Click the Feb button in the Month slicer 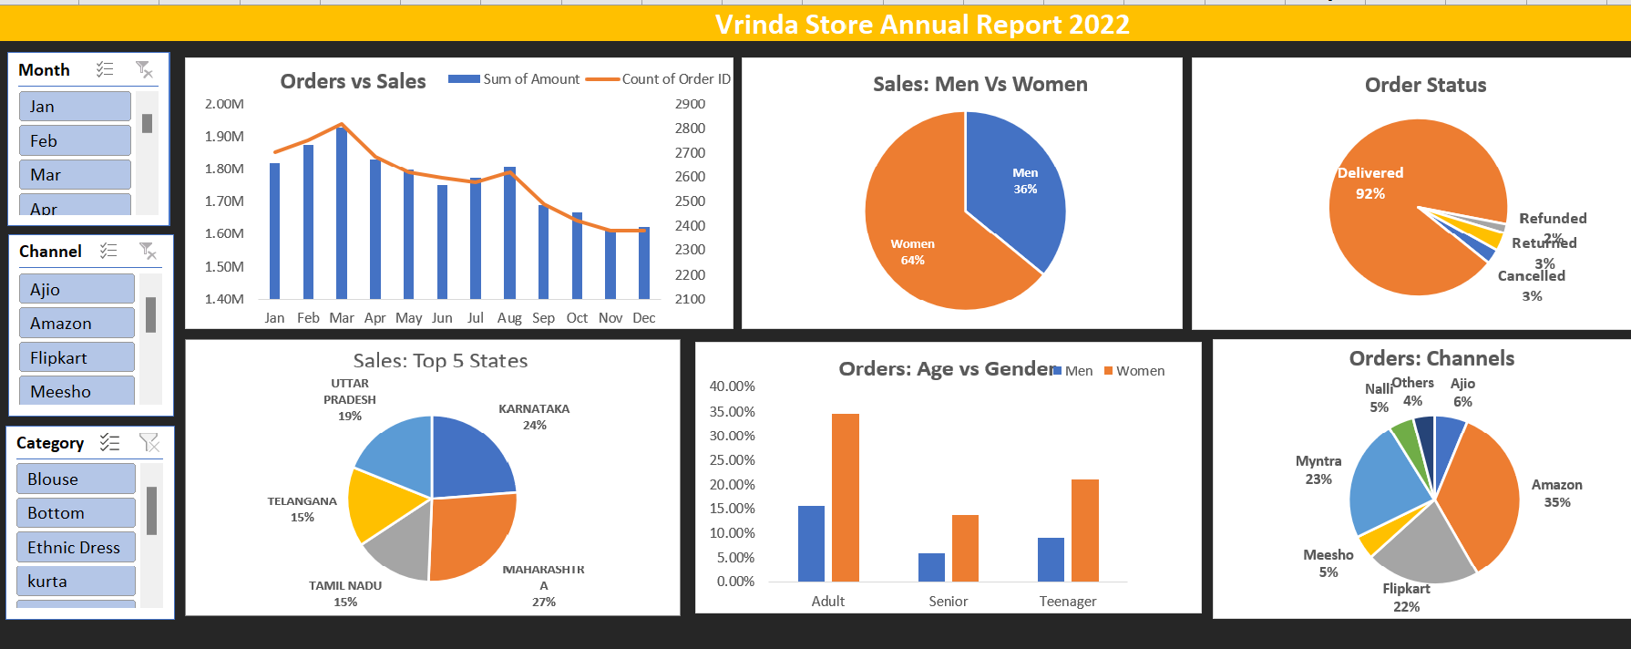[x=75, y=140]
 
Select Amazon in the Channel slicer [x=77, y=323]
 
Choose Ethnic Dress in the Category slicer [x=76, y=547]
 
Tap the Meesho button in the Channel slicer [x=77, y=391]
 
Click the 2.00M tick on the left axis [x=224, y=104]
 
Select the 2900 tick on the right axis [x=690, y=104]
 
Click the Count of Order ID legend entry [x=675, y=79]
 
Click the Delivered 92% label [x=1370, y=182]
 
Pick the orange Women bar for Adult [x=846, y=497]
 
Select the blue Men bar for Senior [x=931, y=567]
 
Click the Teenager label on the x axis [x=1068, y=602]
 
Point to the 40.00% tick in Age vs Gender [x=732, y=386]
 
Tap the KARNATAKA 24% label [x=534, y=417]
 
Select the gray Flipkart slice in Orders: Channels [x=1421, y=547]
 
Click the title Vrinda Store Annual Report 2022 [x=922, y=25]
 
